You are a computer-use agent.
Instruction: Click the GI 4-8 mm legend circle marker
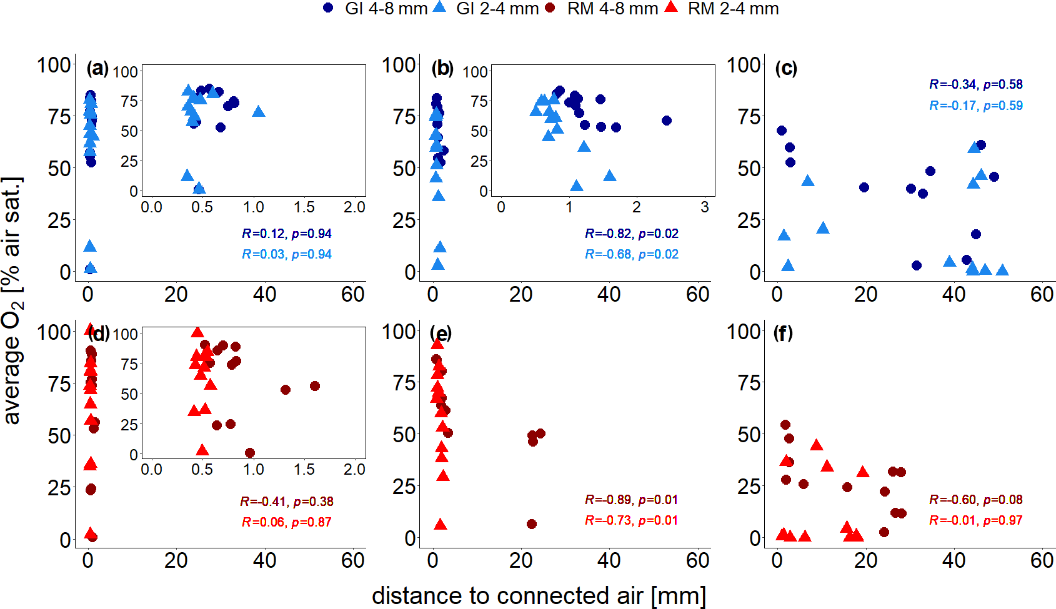(x=329, y=8)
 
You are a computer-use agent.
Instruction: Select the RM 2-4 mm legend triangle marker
(x=671, y=7)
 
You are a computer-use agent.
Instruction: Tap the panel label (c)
(x=786, y=68)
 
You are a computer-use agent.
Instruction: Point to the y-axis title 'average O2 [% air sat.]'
(x=12, y=300)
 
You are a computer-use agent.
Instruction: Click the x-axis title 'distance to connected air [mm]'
(x=539, y=595)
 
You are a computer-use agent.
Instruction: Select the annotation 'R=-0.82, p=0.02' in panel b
(x=631, y=234)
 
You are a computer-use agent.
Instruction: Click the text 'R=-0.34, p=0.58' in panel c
(x=975, y=84)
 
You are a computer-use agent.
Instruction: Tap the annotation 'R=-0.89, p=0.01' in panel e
(x=631, y=500)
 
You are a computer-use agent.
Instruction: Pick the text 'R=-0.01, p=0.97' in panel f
(x=975, y=520)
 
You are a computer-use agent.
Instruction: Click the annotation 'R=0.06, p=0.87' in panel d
(x=286, y=522)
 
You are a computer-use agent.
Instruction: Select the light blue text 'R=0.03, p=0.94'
(x=286, y=254)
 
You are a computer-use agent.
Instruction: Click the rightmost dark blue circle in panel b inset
(x=667, y=121)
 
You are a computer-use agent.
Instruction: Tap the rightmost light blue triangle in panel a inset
(x=259, y=112)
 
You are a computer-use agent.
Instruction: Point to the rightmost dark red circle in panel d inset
(x=315, y=386)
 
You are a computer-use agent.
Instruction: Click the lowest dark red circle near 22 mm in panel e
(x=532, y=524)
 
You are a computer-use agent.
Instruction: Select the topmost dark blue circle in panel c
(x=782, y=131)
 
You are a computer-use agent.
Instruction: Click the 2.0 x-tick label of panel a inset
(x=354, y=207)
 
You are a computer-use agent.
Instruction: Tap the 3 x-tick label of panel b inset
(x=705, y=207)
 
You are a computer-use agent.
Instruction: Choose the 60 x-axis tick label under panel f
(x=1042, y=560)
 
